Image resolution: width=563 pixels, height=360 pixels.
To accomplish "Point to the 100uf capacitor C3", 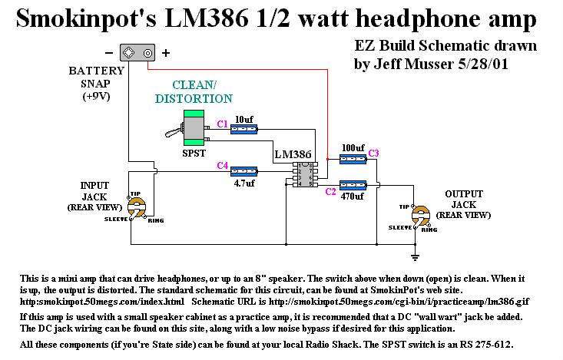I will [353, 160].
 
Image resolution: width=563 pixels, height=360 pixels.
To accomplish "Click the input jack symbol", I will [138, 208].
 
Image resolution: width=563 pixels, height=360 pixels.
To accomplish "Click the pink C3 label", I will [374, 154].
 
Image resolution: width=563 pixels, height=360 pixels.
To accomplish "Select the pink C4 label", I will [222, 165].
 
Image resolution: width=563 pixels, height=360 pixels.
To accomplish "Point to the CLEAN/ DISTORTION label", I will [193, 91].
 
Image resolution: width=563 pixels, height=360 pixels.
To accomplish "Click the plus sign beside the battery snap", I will [165, 53].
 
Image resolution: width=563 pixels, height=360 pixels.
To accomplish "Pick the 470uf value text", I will [354, 197].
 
